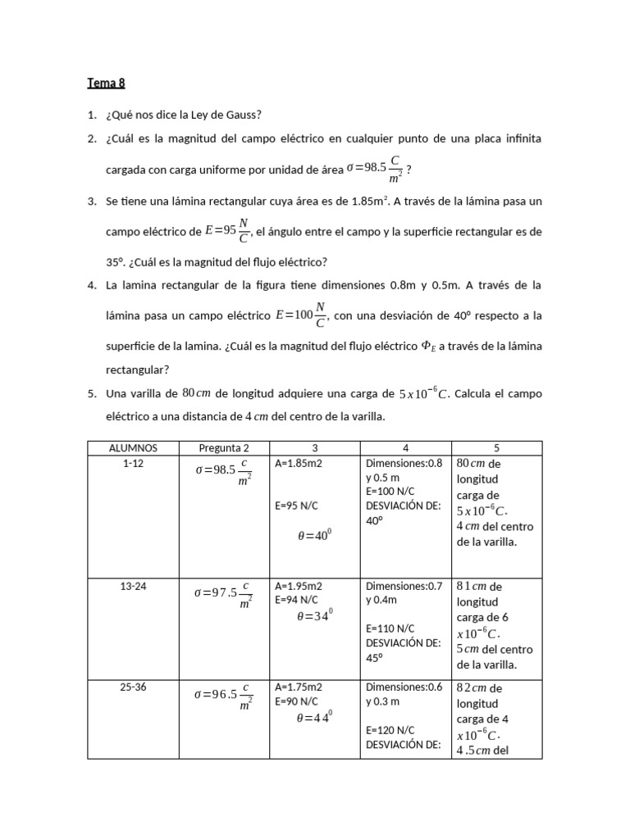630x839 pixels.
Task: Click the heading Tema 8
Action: click(x=106, y=83)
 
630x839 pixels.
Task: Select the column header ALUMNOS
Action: click(x=133, y=448)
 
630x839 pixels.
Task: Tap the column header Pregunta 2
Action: click(x=224, y=448)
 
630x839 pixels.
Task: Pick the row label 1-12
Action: click(x=133, y=463)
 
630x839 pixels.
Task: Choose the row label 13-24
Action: click(x=133, y=586)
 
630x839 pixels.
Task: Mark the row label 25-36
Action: click(x=133, y=687)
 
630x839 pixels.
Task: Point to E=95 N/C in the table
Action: click(x=296, y=506)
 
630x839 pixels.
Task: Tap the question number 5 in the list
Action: click(x=92, y=394)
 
